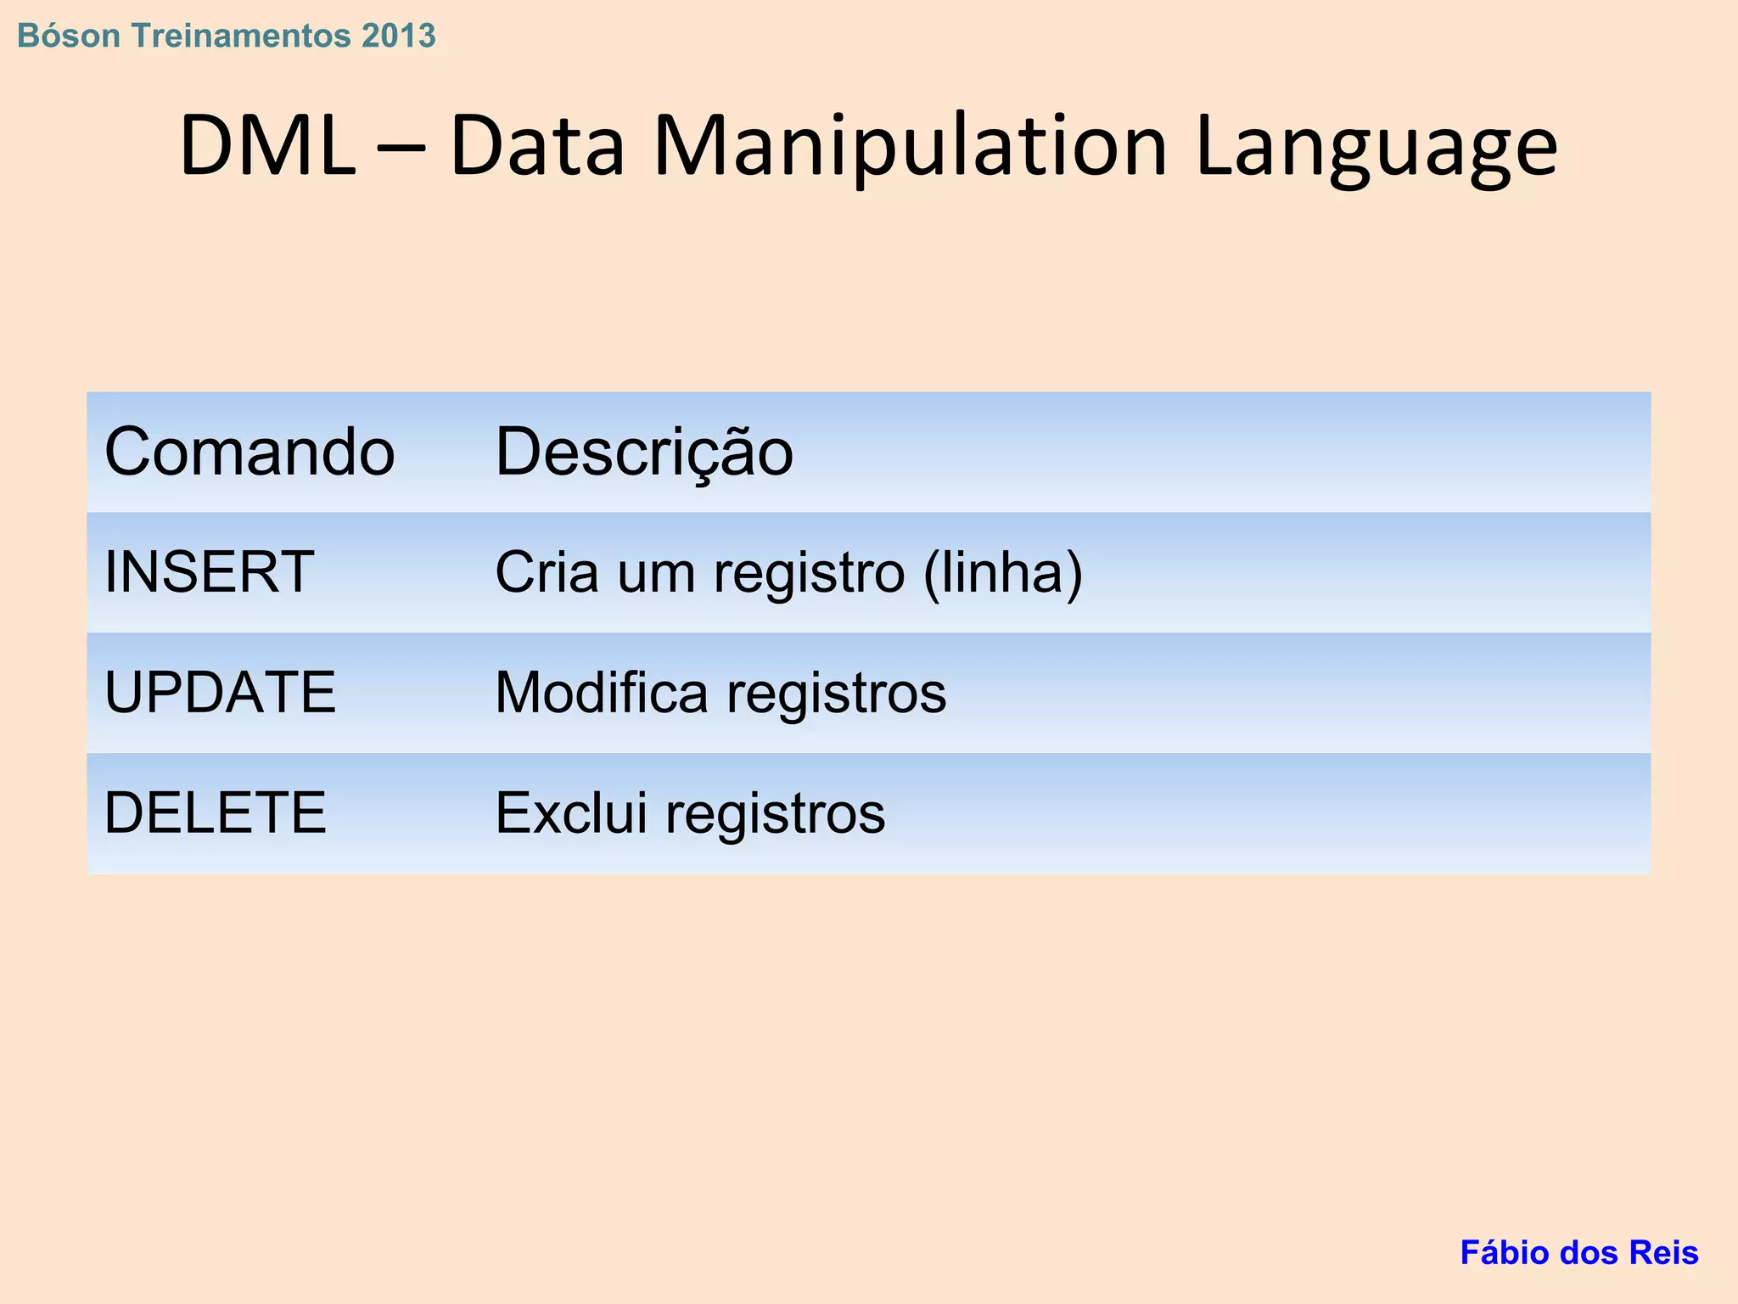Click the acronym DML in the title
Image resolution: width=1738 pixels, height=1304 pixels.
[266, 146]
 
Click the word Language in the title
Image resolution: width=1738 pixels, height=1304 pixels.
[1376, 146]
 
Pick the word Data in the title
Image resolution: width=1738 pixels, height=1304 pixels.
[537, 146]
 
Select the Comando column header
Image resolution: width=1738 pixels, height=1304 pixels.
[249, 452]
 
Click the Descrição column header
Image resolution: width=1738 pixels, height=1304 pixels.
[643, 452]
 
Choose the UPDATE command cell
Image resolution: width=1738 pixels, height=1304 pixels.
[220, 692]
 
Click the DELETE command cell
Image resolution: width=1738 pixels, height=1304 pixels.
[215, 812]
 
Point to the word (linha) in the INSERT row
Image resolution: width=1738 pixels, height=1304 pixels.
[1002, 573]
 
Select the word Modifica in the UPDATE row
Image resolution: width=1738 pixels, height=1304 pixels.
[601, 692]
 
